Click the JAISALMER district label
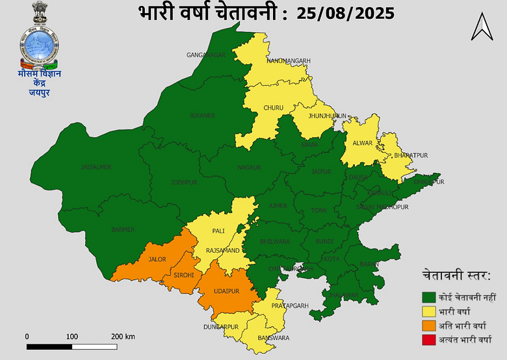click(96, 167)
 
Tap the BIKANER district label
click(202, 116)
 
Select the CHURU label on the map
click(273, 108)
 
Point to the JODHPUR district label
click(184, 183)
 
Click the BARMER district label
click(123, 229)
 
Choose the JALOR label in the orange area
click(157, 259)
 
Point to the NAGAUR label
click(249, 168)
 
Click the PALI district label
click(218, 231)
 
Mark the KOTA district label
click(331, 259)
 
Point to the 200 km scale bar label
click(122, 337)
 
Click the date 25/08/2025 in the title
click(345, 12)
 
